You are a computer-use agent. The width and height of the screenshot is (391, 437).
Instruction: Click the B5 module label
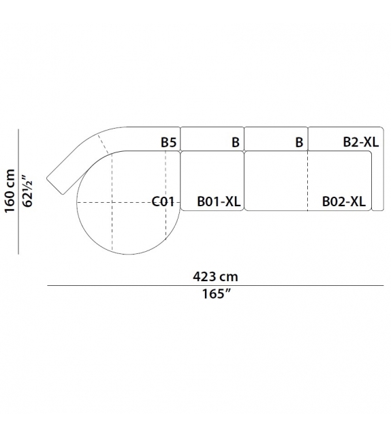pos(168,142)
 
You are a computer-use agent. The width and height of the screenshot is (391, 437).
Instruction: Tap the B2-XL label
pos(360,142)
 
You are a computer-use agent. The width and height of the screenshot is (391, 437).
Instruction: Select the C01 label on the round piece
pos(163,201)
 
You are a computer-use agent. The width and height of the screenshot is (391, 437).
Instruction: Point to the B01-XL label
pos(219,201)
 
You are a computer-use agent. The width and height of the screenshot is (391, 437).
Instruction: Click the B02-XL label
pos(343,201)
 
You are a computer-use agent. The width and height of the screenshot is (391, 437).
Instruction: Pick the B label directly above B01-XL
pos(236,142)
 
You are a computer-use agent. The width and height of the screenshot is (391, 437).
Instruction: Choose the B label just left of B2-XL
pos(299,142)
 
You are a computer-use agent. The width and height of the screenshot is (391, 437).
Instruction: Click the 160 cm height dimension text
pos(10,191)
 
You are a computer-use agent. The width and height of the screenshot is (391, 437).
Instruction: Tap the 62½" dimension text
pos(27,191)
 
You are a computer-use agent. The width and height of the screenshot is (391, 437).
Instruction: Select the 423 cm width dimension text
pos(215,277)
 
